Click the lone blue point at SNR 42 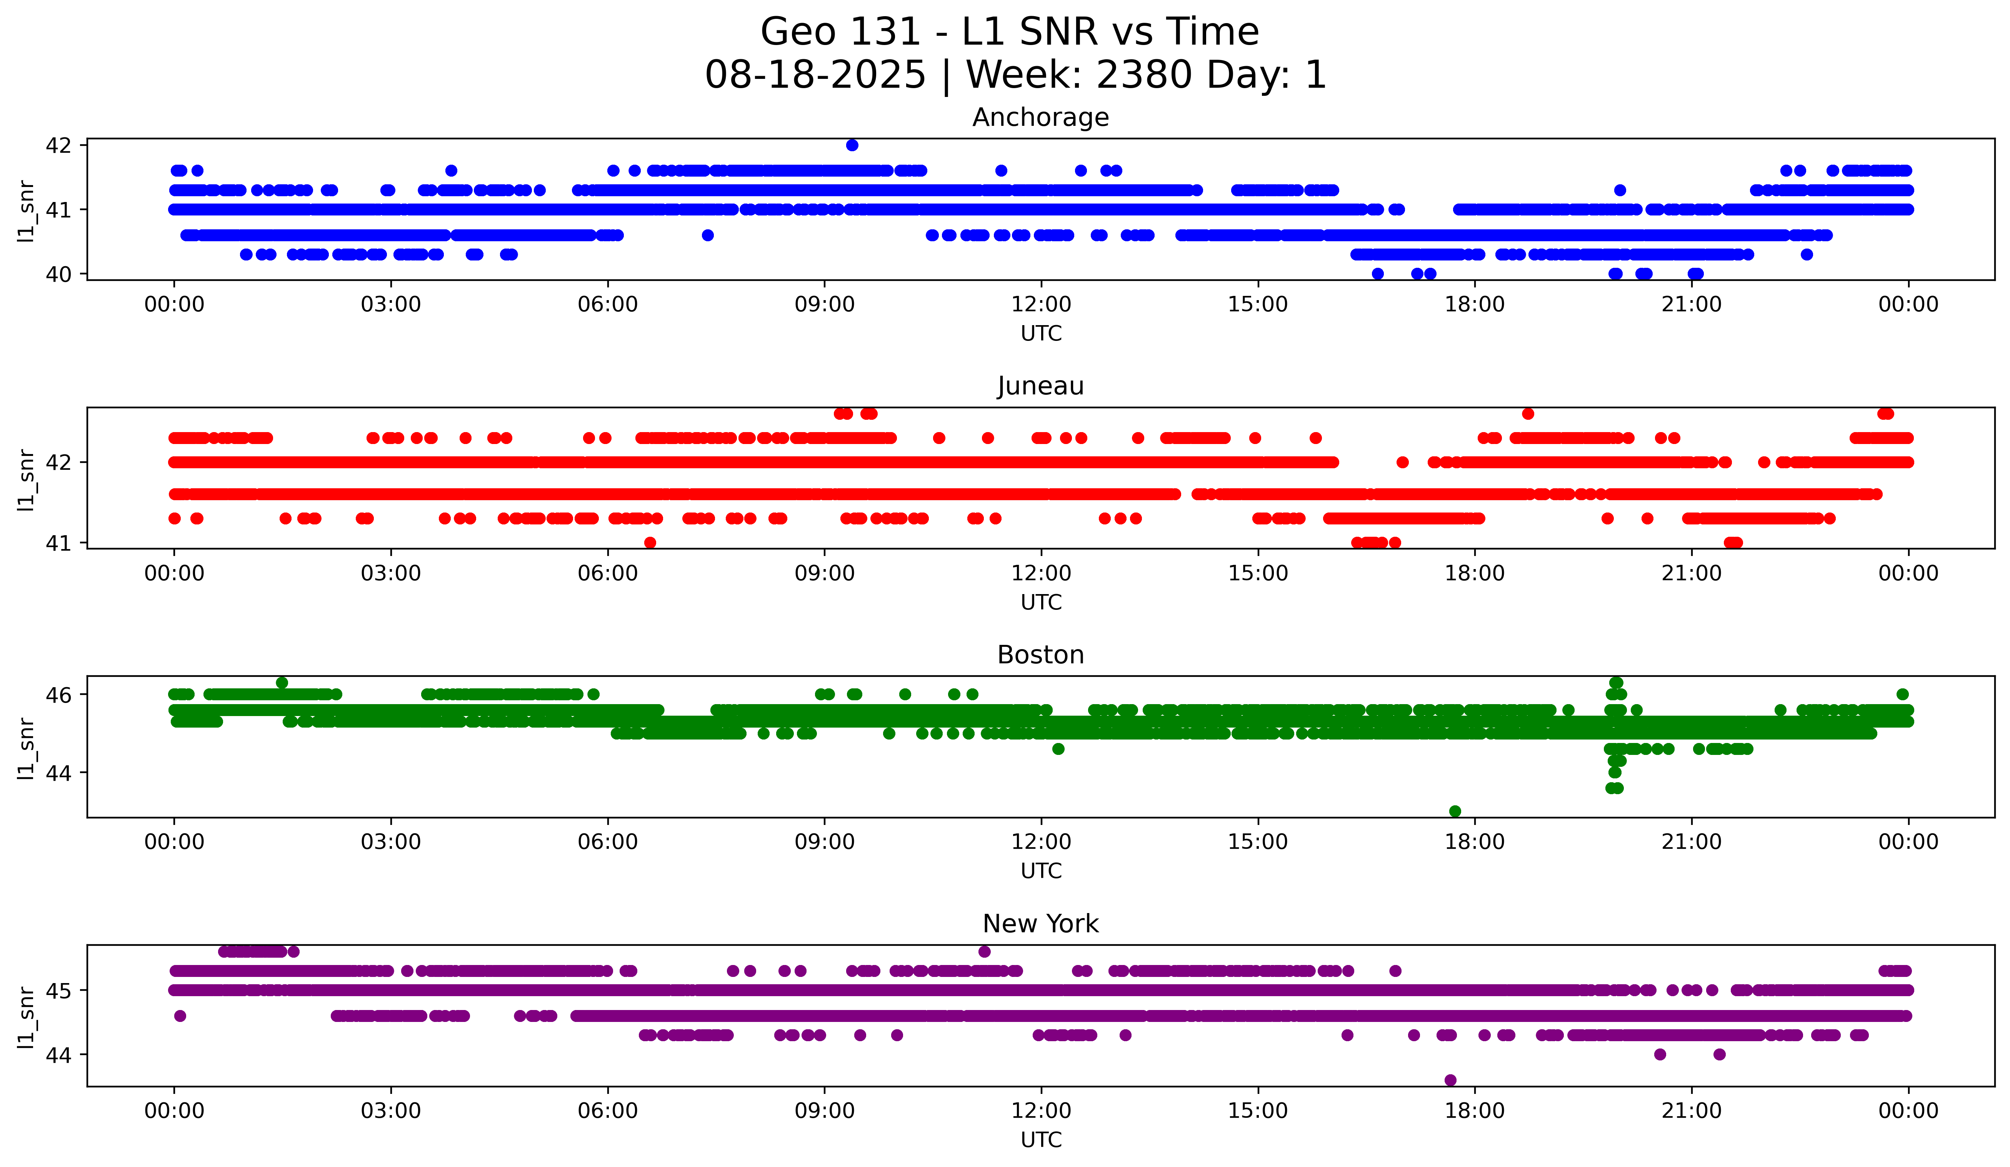click(852, 145)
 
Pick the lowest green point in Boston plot click(1455, 811)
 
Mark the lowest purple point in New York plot click(1450, 1080)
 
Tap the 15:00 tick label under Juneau click(1258, 574)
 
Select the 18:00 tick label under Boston click(1475, 842)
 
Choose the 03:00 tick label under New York click(391, 1111)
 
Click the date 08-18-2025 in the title click(815, 75)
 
